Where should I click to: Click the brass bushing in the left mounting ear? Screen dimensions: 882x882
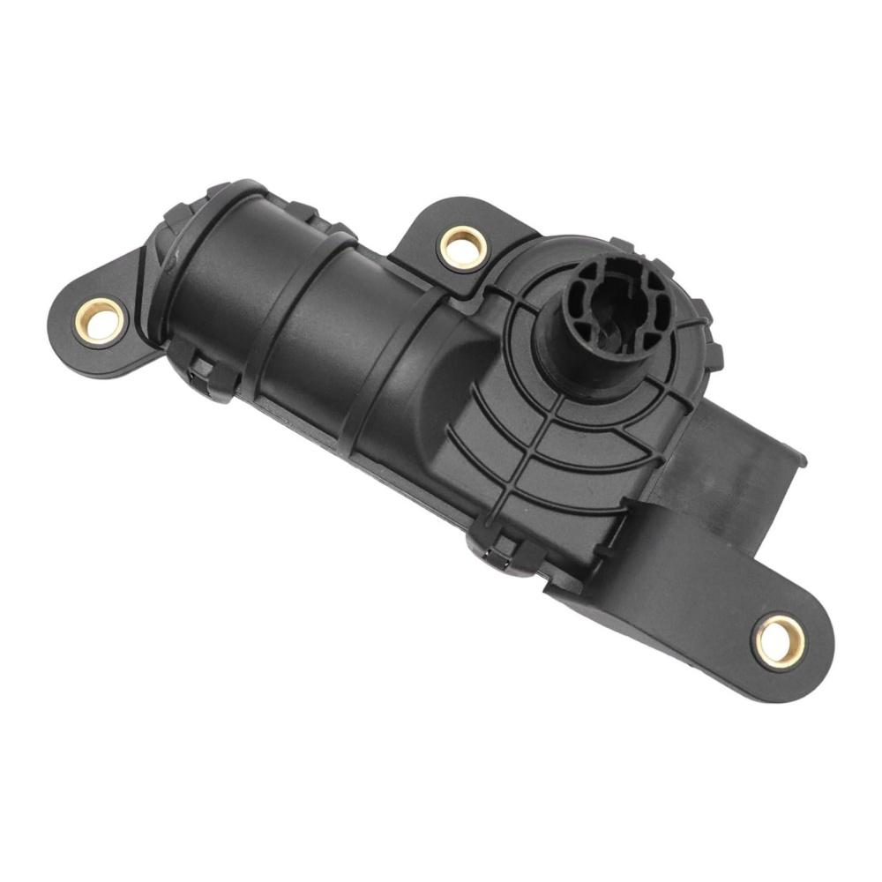(x=99, y=320)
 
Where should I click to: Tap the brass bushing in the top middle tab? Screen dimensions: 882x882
(x=464, y=247)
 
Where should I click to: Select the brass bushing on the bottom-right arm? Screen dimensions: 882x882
(x=780, y=641)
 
